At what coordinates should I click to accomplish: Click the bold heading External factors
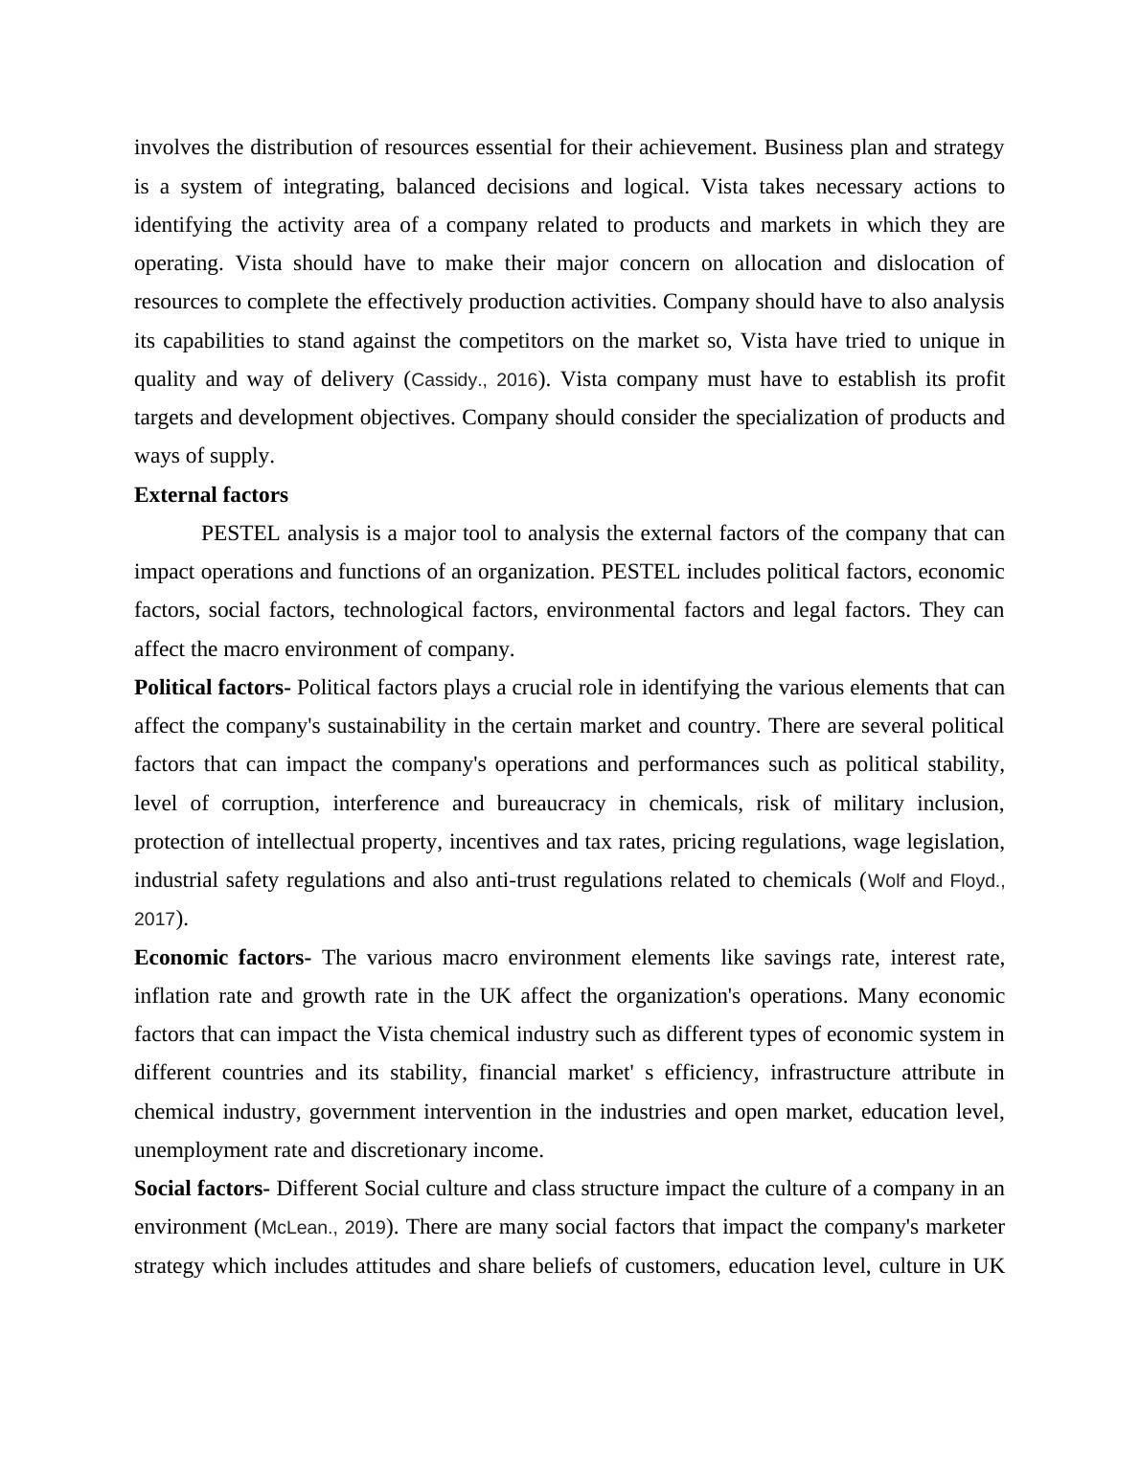tap(211, 495)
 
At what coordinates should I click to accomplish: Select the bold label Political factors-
tap(213, 688)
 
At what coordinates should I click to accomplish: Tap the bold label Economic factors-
tap(222, 958)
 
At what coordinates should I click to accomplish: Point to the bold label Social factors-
tap(202, 1189)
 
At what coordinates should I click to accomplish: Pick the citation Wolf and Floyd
tap(935, 881)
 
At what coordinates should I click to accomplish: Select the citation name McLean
tap(297, 1228)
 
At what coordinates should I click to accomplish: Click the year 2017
tap(154, 919)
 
